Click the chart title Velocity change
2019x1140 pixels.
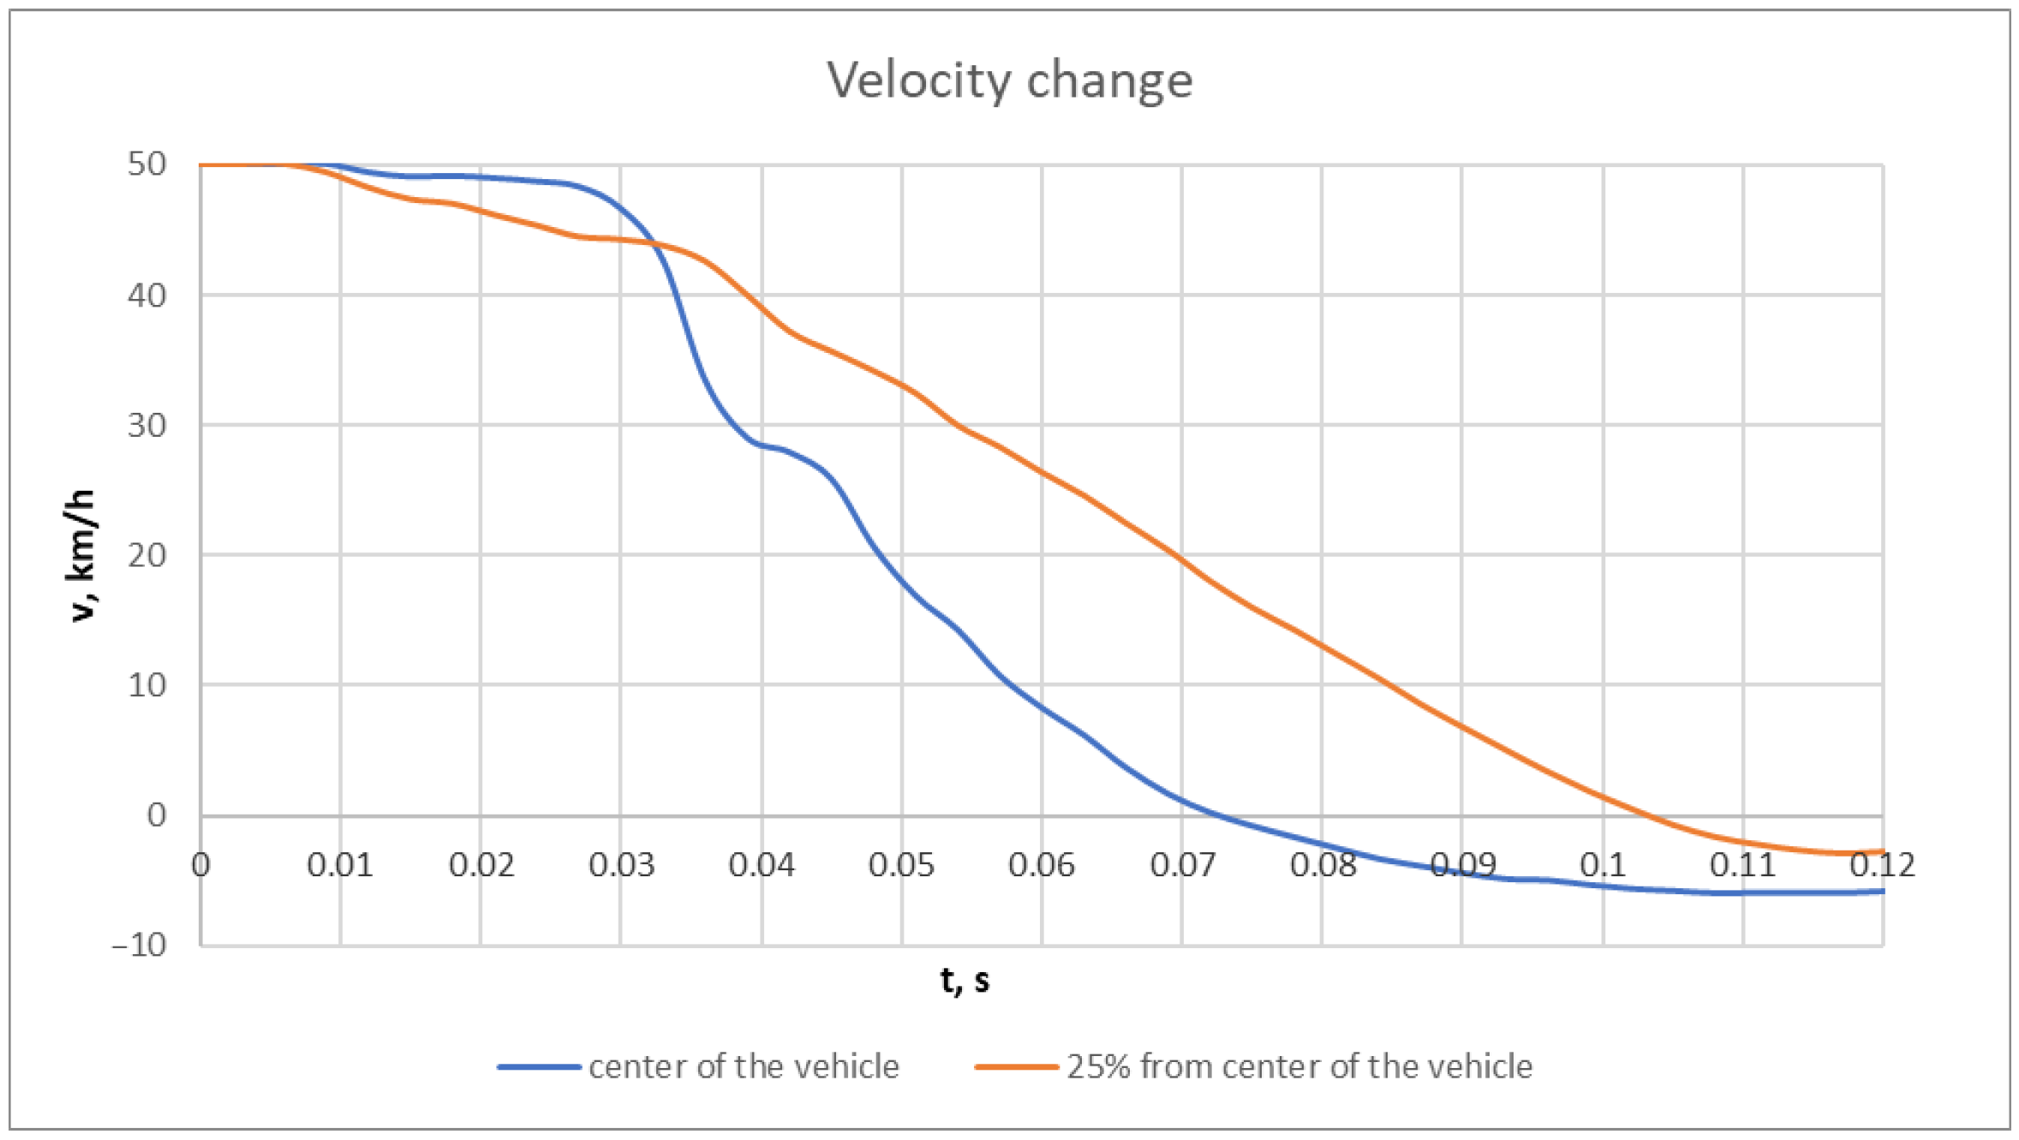coord(1009,81)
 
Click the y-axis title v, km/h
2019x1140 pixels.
coord(81,555)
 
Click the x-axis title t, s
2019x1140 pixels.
coord(965,979)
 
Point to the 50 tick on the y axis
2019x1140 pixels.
coord(146,164)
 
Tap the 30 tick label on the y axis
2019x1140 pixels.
coord(146,425)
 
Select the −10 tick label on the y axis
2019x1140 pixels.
coord(140,946)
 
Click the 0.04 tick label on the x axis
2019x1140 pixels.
coord(761,865)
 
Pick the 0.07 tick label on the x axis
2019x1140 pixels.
coord(1181,865)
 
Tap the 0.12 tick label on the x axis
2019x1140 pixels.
coord(1881,865)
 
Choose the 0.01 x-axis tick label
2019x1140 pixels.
coord(340,865)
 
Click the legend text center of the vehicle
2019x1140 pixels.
coord(744,1067)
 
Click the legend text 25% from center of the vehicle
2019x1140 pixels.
coord(1299,1067)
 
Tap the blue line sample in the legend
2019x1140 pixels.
coord(539,1067)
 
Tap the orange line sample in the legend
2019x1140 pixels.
coord(1017,1067)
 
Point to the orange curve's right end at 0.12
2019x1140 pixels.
coord(1882,851)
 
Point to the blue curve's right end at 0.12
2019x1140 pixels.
coord(1882,892)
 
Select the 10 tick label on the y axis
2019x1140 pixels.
coord(146,685)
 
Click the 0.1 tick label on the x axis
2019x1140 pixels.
coord(1602,865)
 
